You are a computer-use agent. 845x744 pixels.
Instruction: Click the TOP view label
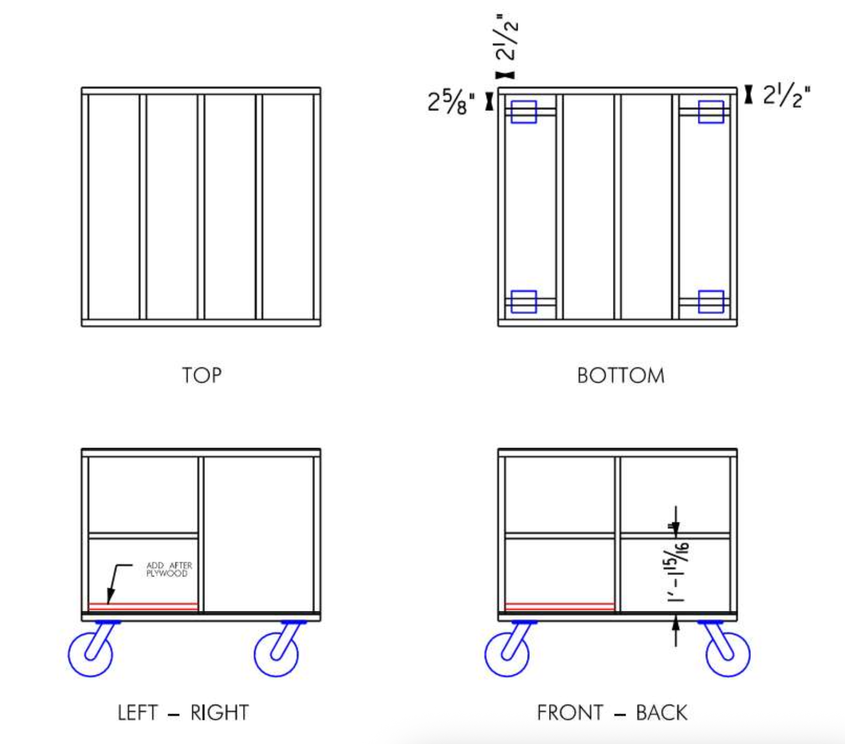point(202,375)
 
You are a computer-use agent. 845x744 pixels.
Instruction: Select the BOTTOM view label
point(621,376)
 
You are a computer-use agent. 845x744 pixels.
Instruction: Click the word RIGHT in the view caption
point(219,713)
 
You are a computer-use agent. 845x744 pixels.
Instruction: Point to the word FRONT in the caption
point(570,713)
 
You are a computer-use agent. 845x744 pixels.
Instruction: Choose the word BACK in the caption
point(661,713)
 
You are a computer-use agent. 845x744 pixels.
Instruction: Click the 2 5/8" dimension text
point(451,102)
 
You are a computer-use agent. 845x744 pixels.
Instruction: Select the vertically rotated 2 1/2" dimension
point(506,37)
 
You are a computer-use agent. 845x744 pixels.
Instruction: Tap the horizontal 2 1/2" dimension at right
point(786,95)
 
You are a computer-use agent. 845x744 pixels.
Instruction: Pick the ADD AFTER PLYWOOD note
point(169,569)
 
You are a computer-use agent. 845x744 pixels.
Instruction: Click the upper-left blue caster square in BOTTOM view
point(524,112)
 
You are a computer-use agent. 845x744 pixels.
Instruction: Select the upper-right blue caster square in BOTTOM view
point(711,112)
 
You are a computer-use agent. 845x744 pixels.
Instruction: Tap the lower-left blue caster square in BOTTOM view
point(524,301)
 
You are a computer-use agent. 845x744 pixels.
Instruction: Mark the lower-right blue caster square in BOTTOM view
point(711,301)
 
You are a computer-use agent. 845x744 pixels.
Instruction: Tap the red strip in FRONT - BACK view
point(559,607)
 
